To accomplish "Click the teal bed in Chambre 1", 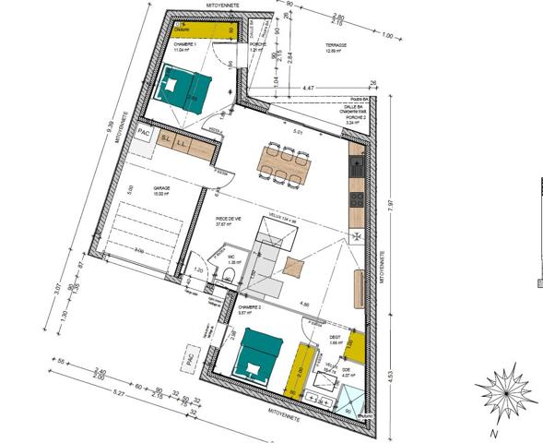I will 188,89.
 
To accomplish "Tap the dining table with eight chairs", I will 284,163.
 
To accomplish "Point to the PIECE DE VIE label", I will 228,218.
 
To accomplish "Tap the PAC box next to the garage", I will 144,133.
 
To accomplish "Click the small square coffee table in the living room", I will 294,268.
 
